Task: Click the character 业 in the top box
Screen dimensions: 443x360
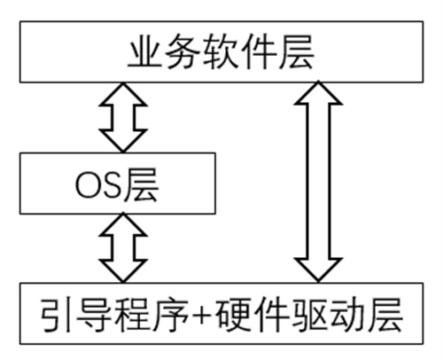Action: point(145,51)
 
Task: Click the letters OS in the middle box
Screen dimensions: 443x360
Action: point(98,185)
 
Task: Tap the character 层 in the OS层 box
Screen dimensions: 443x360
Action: point(141,185)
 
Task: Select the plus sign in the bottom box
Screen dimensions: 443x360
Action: point(202,314)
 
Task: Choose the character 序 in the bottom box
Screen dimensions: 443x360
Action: point(172,314)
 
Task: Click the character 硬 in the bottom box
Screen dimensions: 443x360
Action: point(233,314)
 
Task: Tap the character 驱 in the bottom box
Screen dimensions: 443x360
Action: point(309,314)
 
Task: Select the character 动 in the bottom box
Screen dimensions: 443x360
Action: point(346,314)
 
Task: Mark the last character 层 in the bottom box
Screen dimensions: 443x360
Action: point(385,314)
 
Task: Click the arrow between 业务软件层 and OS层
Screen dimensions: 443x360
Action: point(123,117)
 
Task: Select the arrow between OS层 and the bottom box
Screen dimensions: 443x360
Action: point(123,247)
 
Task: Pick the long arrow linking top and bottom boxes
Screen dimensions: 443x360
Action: point(318,182)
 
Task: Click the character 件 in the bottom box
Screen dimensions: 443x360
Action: point(271,314)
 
